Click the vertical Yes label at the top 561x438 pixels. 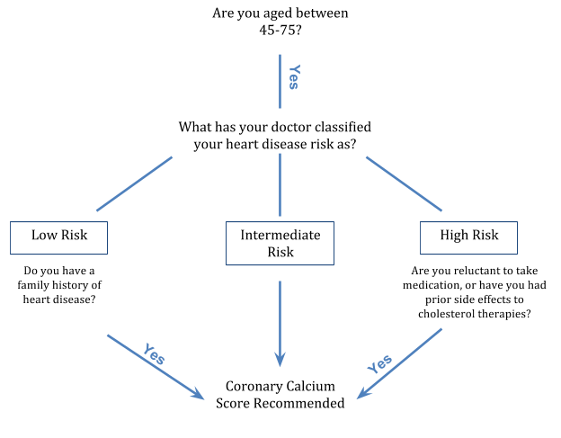[x=293, y=76]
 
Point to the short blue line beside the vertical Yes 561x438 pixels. [x=280, y=81]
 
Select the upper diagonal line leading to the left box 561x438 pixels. [x=134, y=184]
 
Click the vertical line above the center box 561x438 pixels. [x=280, y=184]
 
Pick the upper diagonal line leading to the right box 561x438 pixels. [x=404, y=184]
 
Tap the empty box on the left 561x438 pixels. [x=58, y=238]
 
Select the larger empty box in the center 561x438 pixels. [x=280, y=243]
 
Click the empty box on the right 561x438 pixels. [x=468, y=238]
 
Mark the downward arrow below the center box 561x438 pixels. [x=280, y=319]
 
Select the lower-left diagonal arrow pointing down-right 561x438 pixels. [x=153, y=365]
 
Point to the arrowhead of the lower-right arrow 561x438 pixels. [x=361, y=396]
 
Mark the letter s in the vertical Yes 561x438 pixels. [x=293, y=85]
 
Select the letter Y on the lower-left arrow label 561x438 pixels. [x=147, y=348]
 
